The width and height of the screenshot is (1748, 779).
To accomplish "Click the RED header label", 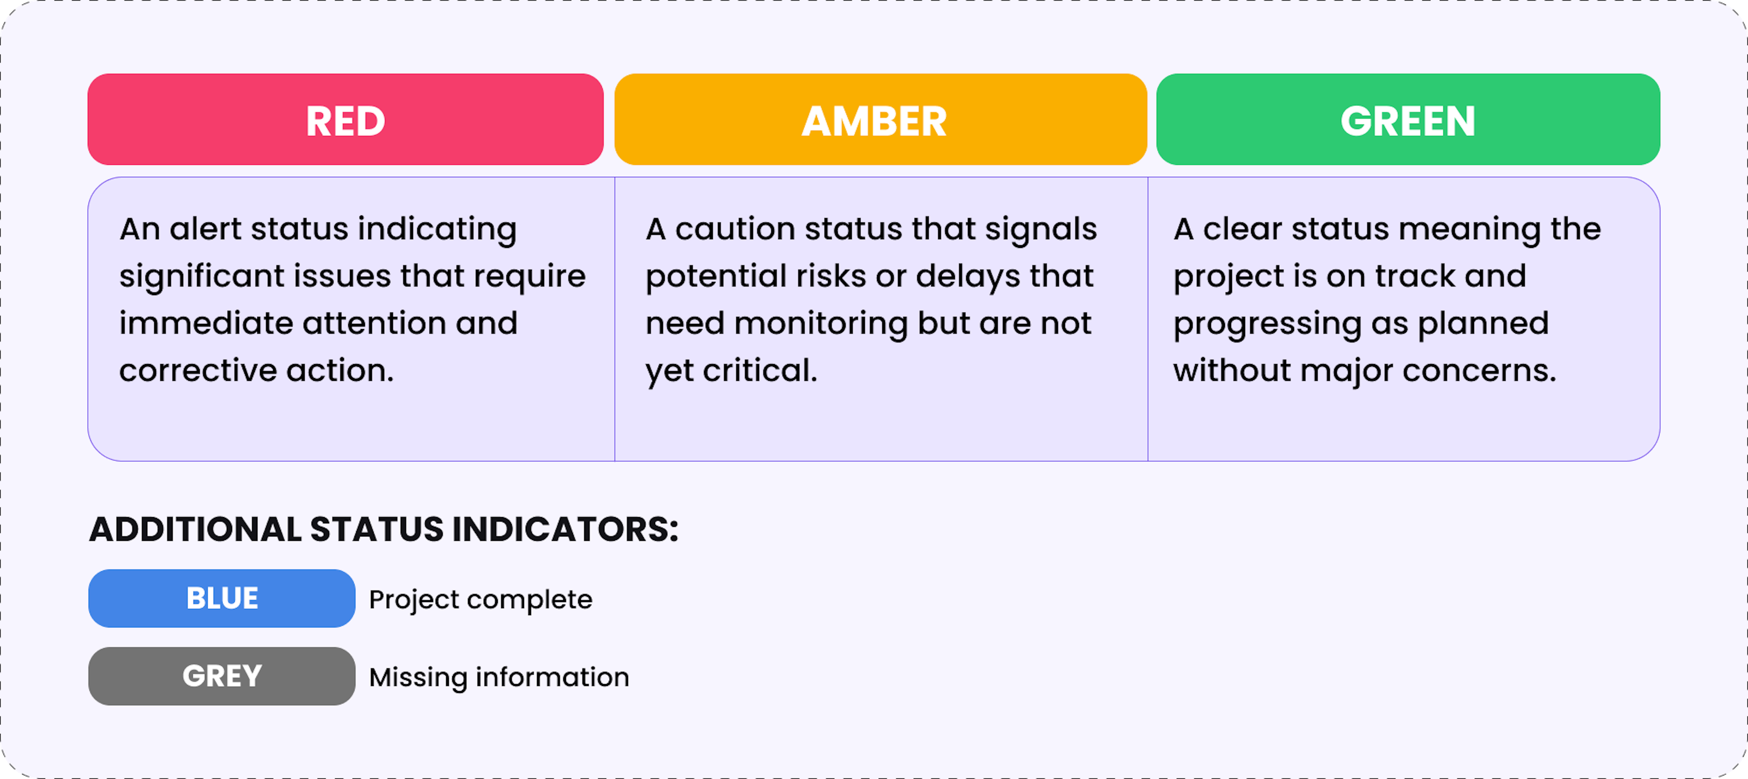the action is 345,121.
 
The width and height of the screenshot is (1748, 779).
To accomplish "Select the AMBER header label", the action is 874,121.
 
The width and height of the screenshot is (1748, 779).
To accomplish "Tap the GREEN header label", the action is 1408,121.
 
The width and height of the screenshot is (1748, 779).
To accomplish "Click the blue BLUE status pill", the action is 222,598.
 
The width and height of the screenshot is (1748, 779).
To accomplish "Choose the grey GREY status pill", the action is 222,676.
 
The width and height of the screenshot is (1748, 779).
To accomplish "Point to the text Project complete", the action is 480,600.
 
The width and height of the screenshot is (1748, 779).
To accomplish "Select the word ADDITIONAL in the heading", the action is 195,529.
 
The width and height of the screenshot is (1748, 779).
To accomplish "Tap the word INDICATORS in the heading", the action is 565,529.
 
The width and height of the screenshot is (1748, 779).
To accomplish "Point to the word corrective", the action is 198,371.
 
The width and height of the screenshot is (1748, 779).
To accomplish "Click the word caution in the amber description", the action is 735,230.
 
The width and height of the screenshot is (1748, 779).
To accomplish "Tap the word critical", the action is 760,371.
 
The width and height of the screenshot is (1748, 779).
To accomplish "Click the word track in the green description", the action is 1415,276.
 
